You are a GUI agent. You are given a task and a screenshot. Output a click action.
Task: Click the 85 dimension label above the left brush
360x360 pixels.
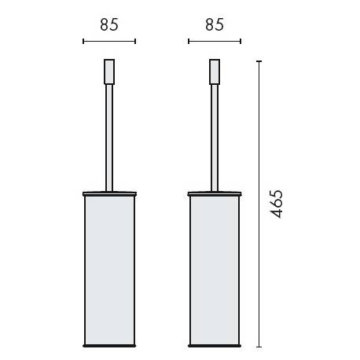point(109,24)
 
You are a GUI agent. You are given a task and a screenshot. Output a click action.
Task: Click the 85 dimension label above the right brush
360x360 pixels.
point(214,24)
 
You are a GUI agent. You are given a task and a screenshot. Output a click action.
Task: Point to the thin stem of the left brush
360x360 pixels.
point(109,134)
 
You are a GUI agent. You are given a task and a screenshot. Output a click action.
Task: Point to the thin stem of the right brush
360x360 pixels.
point(214,134)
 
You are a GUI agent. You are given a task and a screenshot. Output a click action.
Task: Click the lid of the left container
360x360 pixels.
point(109,191)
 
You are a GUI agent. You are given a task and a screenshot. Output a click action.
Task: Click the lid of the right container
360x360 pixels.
point(214,191)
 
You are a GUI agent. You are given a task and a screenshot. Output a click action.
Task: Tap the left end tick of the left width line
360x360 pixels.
point(83,41)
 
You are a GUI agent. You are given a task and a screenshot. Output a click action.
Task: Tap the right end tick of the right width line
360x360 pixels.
point(241,41)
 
